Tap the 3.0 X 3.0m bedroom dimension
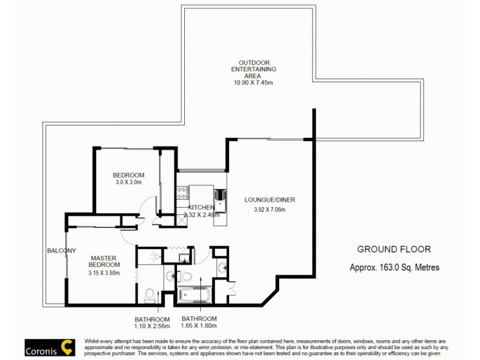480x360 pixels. (128, 182)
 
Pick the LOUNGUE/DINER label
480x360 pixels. (269, 200)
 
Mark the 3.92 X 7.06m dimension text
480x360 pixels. (269, 210)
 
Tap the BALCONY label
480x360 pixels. (62, 250)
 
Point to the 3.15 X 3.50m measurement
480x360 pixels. (104, 273)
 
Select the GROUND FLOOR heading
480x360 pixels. (394, 249)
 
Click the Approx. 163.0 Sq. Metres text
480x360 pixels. (394, 268)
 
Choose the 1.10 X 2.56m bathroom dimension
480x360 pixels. (152, 326)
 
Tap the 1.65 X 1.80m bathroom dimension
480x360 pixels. (199, 326)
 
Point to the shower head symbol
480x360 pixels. (157, 256)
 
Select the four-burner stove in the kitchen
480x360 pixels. (182, 193)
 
